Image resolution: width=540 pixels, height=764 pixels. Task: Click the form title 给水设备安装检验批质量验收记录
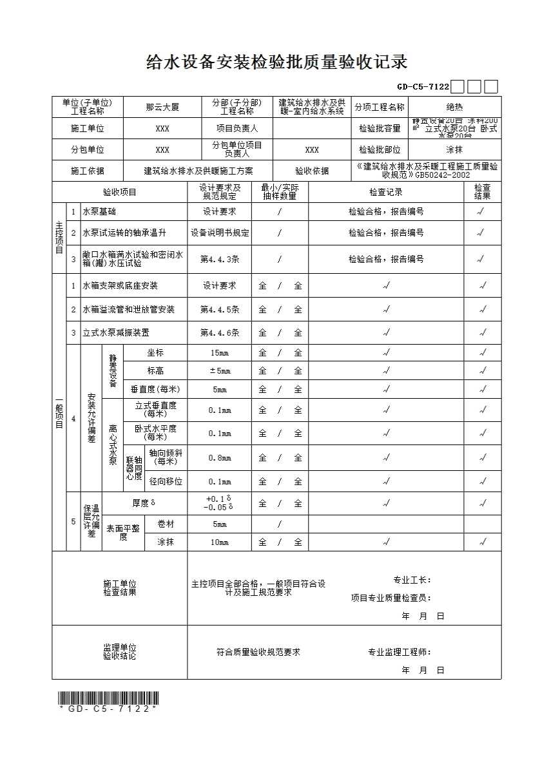(277, 62)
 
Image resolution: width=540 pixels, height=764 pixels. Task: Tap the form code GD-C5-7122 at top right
(423, 87)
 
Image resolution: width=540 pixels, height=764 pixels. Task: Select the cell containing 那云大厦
(162, 108)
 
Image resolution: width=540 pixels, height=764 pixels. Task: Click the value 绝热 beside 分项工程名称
(454, 108)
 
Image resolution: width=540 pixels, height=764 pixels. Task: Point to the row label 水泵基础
(99, 211)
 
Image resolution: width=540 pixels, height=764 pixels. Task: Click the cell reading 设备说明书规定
(220, 233)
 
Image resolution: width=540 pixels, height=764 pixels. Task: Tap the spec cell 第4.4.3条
(220, 259)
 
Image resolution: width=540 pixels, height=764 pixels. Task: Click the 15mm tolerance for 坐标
(220, 353)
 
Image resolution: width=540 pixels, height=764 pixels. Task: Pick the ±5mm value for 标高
(220, 371)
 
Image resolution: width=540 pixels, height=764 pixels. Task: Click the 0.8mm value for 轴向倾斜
(220, 458)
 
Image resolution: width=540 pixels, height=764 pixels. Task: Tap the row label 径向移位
(166, 481)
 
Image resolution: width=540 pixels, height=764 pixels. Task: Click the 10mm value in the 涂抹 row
(220, 542)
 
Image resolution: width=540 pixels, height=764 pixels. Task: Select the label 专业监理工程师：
(400, 652)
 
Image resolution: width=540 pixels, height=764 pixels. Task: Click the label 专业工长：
(413, 580)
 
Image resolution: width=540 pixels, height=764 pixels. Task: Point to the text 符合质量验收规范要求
(258, 652)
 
